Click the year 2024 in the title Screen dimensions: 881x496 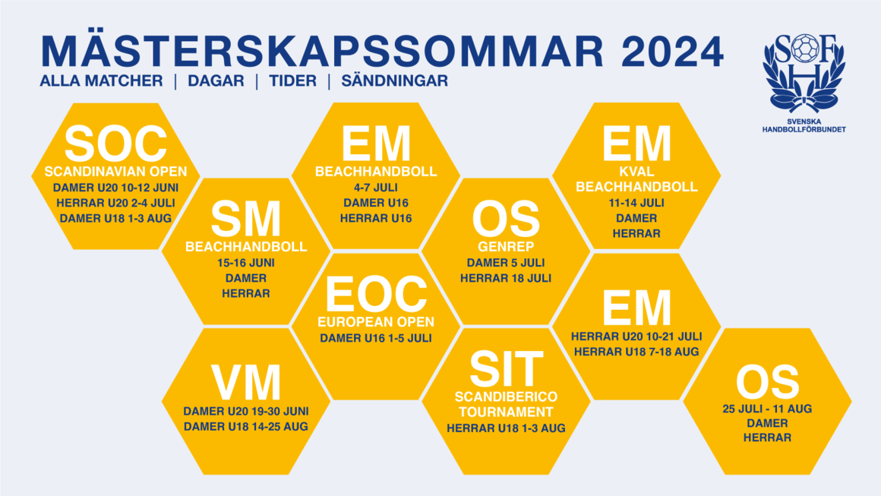click(673, 52)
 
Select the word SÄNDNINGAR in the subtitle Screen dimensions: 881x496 click(394, 81)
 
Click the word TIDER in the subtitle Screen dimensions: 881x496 click(292, 81)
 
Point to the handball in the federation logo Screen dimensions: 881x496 click(804, 48)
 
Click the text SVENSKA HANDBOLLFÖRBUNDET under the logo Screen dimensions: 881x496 click(804, 125)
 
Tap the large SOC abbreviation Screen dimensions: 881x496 click(115, 144)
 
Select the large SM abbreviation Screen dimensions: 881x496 click(246, 220)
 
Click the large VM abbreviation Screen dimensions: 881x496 click(246, 383)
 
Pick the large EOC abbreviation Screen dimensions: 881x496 click(376, 295)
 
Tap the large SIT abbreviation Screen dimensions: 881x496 click(507, 369)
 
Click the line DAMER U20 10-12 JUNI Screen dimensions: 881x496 click(115, 188)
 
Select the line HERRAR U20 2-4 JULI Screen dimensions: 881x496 click(115, 203)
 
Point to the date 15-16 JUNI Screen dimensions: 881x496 click(246, 263)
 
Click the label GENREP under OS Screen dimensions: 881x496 click(507, 247)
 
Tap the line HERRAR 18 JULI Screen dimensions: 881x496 click(506, 278)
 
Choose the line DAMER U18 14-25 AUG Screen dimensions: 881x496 click(246, 427)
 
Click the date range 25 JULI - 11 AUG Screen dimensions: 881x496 click(767, 409)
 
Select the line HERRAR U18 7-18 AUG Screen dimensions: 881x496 click(636, 352)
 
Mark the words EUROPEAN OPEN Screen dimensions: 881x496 click(376, 322)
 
